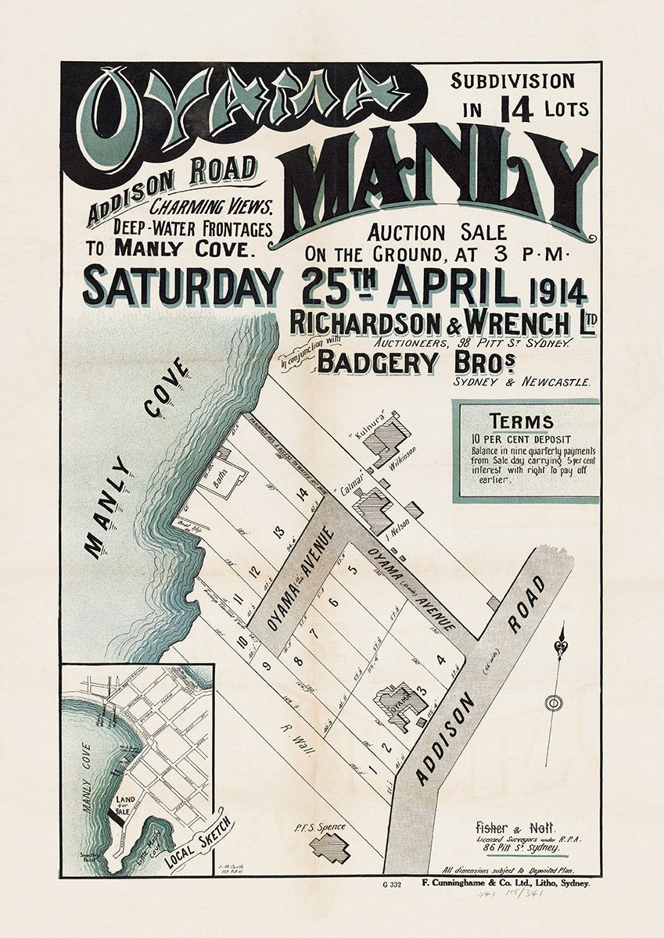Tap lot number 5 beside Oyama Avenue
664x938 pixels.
[x=353, y=569]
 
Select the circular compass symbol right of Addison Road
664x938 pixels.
[x=553, y=703]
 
